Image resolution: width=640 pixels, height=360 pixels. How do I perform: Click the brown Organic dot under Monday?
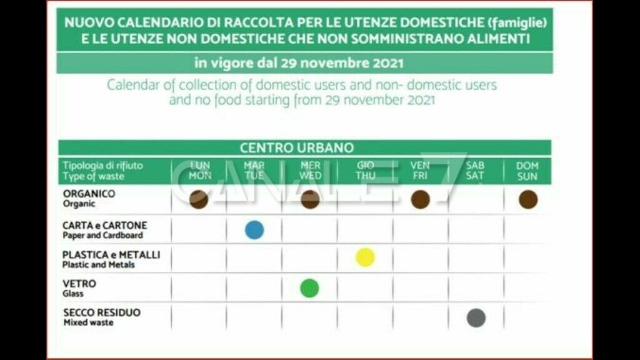point(199,199)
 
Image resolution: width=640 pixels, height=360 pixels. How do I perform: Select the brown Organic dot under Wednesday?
point(310,199)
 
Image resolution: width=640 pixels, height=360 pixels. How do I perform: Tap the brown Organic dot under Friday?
point(421,199)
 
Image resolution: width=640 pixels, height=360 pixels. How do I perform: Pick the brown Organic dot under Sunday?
point(528,199)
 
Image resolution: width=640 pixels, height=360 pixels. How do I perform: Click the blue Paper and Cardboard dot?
point(254,230)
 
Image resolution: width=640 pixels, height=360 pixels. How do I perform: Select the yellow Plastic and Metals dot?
point(365,257)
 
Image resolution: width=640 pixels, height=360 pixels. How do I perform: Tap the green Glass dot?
point(309,288)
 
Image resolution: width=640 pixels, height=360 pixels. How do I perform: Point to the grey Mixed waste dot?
point(476,317)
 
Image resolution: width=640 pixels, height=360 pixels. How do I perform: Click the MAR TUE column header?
point(254,171)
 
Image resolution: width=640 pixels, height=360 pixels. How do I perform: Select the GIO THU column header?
point(366,171)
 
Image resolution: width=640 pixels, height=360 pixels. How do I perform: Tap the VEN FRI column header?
point(420,171)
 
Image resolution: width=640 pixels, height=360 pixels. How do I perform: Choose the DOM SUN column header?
point(527,171)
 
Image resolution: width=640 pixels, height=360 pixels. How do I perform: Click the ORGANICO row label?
point(89,194)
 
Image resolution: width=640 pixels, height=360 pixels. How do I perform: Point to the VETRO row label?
point(79,284)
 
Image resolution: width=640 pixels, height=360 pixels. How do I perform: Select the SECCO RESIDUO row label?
point(101,312)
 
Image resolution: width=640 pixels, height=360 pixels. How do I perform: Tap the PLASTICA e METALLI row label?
point(111,255)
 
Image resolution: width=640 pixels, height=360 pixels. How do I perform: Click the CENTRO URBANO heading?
point(297,148)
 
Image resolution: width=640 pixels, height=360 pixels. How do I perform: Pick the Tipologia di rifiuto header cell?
point(102,166)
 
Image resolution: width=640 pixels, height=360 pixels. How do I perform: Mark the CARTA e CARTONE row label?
point(104,225)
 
